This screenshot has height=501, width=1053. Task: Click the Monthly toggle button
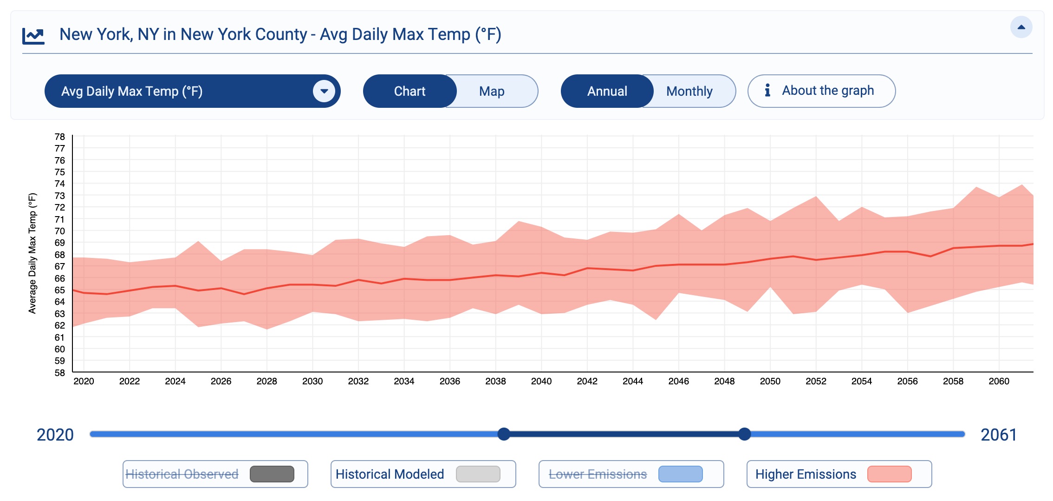point(689,91)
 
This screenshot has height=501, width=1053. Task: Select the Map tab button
point(492,91)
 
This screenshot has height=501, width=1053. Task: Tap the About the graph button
point(821,91)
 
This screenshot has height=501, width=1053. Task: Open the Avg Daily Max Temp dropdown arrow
point(324,91)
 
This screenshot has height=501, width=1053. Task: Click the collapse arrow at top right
point(1021,27)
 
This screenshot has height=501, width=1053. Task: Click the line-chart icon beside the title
point(33,36)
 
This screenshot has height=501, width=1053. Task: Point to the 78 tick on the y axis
point(60,137)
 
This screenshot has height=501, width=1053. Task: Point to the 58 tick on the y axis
point(60,372)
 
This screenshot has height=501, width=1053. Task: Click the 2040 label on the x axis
point(541,381)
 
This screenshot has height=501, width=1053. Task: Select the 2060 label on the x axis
point(999,381)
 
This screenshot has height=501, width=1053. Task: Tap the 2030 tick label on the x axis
point(312,381)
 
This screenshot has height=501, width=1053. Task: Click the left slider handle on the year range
point(504,434)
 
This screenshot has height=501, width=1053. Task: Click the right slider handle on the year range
point(744,434)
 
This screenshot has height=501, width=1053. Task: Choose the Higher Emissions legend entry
point(806,474)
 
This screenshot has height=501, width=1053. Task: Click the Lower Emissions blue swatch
point(680,474)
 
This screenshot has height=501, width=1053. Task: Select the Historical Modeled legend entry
point(390,474)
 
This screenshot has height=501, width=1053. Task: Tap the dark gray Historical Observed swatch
point(272,474)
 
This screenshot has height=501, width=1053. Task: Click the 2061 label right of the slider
point(998,435)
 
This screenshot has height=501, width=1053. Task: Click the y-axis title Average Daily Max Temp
point(32,253)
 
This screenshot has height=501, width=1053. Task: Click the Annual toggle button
point(607,91)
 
